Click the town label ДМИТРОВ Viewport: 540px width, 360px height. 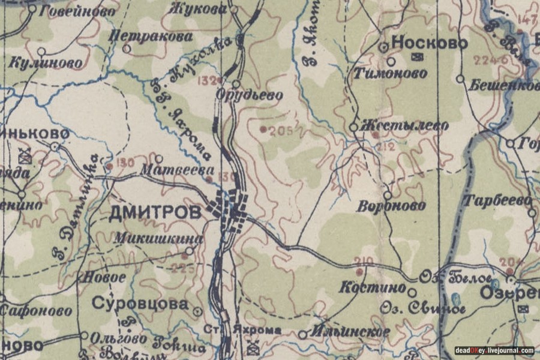pos(155,213)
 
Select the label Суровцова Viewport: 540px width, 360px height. pos(140,304)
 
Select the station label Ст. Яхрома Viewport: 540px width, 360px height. pos(242,331)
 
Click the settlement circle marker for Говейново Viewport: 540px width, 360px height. pos(32,9)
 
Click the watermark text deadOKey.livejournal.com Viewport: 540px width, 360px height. pos(494,351)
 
